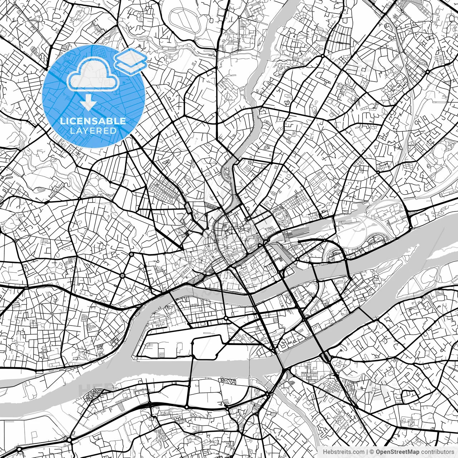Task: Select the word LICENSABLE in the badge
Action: point(93,121)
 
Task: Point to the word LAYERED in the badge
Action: point(93,131)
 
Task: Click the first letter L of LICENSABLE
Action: point(62,121)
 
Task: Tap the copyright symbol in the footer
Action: point(372,452)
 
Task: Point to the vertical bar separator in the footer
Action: point(367,452)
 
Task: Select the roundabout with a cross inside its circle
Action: point(123,275)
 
